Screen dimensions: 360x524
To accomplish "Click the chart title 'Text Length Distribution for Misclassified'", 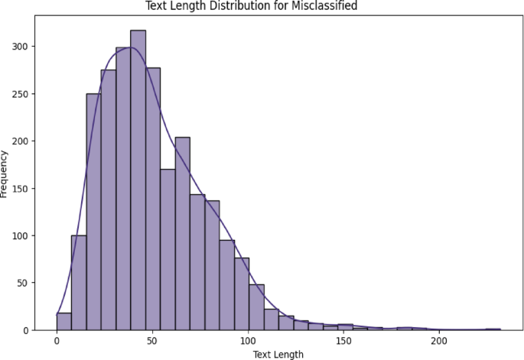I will coord(262,6).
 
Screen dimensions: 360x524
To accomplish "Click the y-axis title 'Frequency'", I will coord(5,174).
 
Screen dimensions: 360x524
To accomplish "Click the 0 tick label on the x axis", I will coord(57,341).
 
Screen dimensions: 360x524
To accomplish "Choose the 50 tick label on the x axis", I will coord(152,341).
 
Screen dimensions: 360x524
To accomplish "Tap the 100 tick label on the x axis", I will coord(248,341).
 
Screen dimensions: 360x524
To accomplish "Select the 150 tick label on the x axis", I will coord(343,341).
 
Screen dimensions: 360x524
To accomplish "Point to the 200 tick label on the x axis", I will coord(439,341).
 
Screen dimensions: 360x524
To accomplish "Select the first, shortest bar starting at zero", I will coord(64,322).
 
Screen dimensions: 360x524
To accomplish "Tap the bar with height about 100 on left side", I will coord(79,283).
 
